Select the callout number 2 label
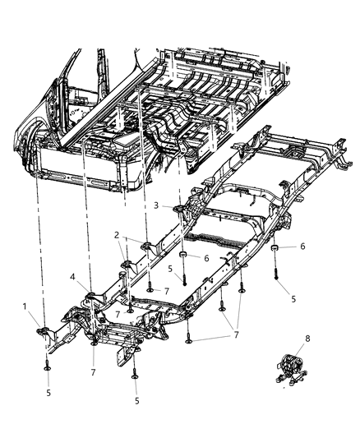point(117,233)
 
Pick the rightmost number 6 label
point(303,246)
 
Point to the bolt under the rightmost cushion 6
point(279,279)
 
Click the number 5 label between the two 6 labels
point(169,267)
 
